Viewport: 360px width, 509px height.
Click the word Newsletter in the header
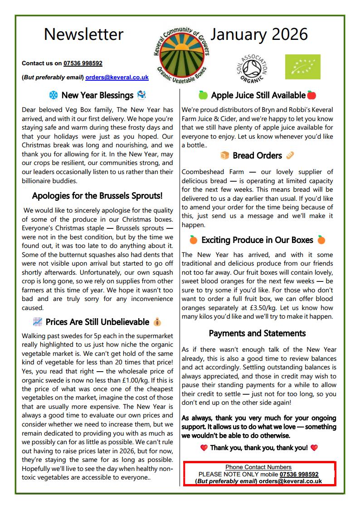point(83,34)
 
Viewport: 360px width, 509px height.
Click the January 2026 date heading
point(259,34)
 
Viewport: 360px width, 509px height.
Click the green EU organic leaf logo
point(302,67)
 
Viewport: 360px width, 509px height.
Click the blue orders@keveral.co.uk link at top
point(117,78)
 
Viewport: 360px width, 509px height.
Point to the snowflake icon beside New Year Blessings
point(54,96)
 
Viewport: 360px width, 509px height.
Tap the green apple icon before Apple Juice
point(203,95)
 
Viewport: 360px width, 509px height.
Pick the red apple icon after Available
point(311,95)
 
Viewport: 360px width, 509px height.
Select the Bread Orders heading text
point(257,155)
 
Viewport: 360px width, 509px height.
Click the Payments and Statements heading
point(257,334)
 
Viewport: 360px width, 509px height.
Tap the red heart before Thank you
point(204,448)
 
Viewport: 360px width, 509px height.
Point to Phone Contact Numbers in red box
point(258,467)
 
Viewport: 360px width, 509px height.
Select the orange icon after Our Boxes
point(321,240)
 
